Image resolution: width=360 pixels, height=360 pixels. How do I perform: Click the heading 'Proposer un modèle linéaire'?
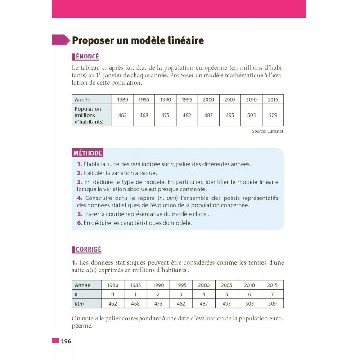(x=138, y=40)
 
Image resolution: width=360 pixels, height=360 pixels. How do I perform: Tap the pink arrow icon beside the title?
(x=61, y=40)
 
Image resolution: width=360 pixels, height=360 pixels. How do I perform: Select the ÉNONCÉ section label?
(x=85, y=57)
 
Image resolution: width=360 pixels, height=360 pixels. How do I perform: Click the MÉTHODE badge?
(x=88, y=153)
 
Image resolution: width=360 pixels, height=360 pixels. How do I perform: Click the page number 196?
(x=66, y=341)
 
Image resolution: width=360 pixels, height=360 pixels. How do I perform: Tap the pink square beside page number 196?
(x=55, y=341)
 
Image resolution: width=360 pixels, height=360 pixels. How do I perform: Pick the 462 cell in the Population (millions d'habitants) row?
(x=122, y=115)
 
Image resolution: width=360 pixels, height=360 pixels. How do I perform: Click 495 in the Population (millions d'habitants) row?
(x=230, y=115)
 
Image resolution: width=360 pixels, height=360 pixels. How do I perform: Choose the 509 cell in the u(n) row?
(x=272, y=304)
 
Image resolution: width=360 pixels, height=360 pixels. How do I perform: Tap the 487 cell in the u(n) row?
(x=204, y=304)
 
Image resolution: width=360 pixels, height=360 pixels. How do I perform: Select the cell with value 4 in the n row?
(x=204, y=294)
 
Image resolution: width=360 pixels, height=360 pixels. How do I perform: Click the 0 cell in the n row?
(x=113, y=294)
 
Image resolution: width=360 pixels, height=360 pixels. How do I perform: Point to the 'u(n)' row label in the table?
(x=79, y=304)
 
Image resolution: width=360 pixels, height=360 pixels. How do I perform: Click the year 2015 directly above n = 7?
(x=272, y=285)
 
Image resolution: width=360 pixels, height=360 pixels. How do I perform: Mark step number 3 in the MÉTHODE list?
(x=79, y=182)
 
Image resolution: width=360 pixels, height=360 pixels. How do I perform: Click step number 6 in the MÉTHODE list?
(x=79, y=223)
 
